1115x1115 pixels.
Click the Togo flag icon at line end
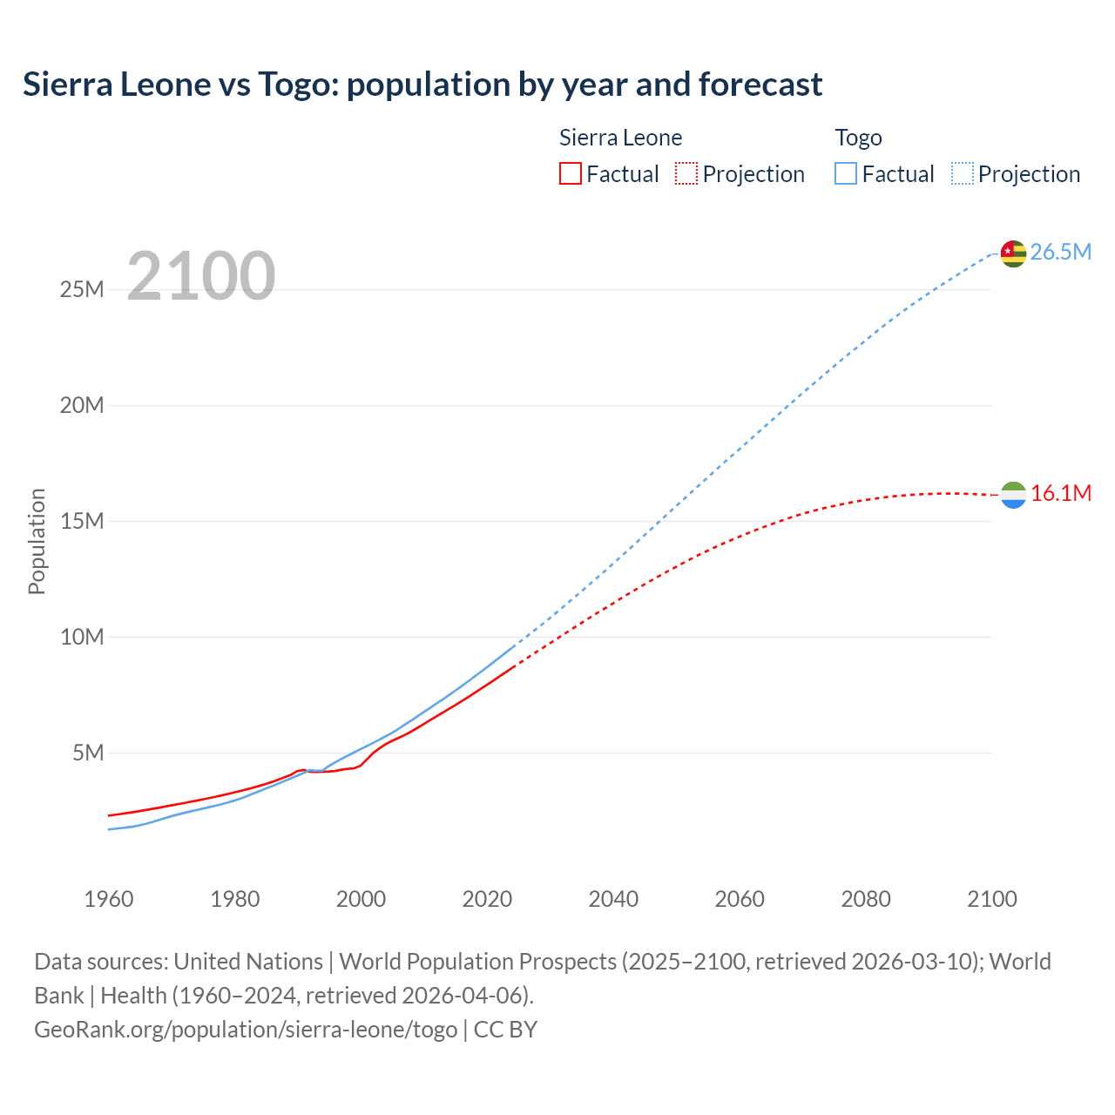pos(1013,253)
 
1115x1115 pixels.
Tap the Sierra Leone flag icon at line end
pos(1013,495)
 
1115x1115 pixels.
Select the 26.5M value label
pos(1060,253)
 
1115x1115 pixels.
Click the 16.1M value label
pos(1060,494)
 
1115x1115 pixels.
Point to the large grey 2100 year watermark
pos(201,276)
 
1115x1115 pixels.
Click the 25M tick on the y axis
pos(82,289)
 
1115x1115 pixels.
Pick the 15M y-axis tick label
pos(82,521)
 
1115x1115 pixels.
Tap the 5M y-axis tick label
pos(88,753)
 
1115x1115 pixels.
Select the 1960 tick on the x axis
pos(109,899)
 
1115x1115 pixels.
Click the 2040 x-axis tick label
pos(613,899)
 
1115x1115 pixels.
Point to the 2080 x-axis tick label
pos(866,899)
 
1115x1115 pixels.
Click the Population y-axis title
pos(37,541)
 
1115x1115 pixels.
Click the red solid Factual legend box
pos(570,173)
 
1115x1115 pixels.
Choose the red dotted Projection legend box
pos(686,173)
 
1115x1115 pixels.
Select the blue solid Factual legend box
pos(846,173)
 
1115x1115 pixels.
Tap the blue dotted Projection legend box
pos(963,173)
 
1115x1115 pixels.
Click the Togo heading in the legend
pos(858,138)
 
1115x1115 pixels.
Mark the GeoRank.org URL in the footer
pos(246,1030)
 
